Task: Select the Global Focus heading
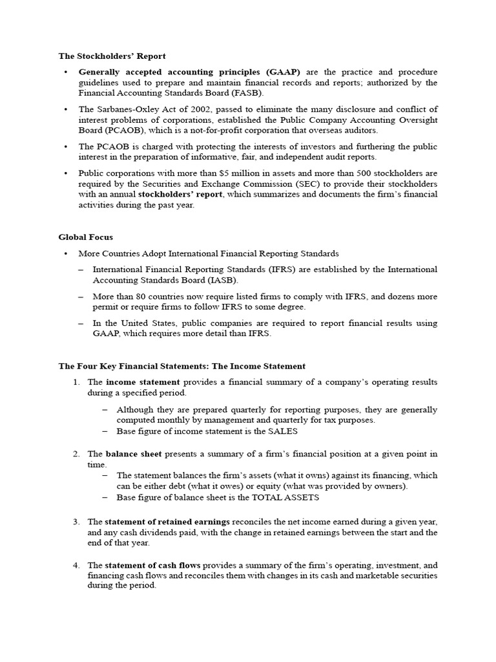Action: tap(86, 237)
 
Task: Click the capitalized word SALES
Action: tap(280, 431)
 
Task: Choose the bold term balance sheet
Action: tap(134, 454)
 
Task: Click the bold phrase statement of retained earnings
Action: tap(167, 522)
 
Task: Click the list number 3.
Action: tap(76, 522)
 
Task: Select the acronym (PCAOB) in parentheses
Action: tap(100, 130)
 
